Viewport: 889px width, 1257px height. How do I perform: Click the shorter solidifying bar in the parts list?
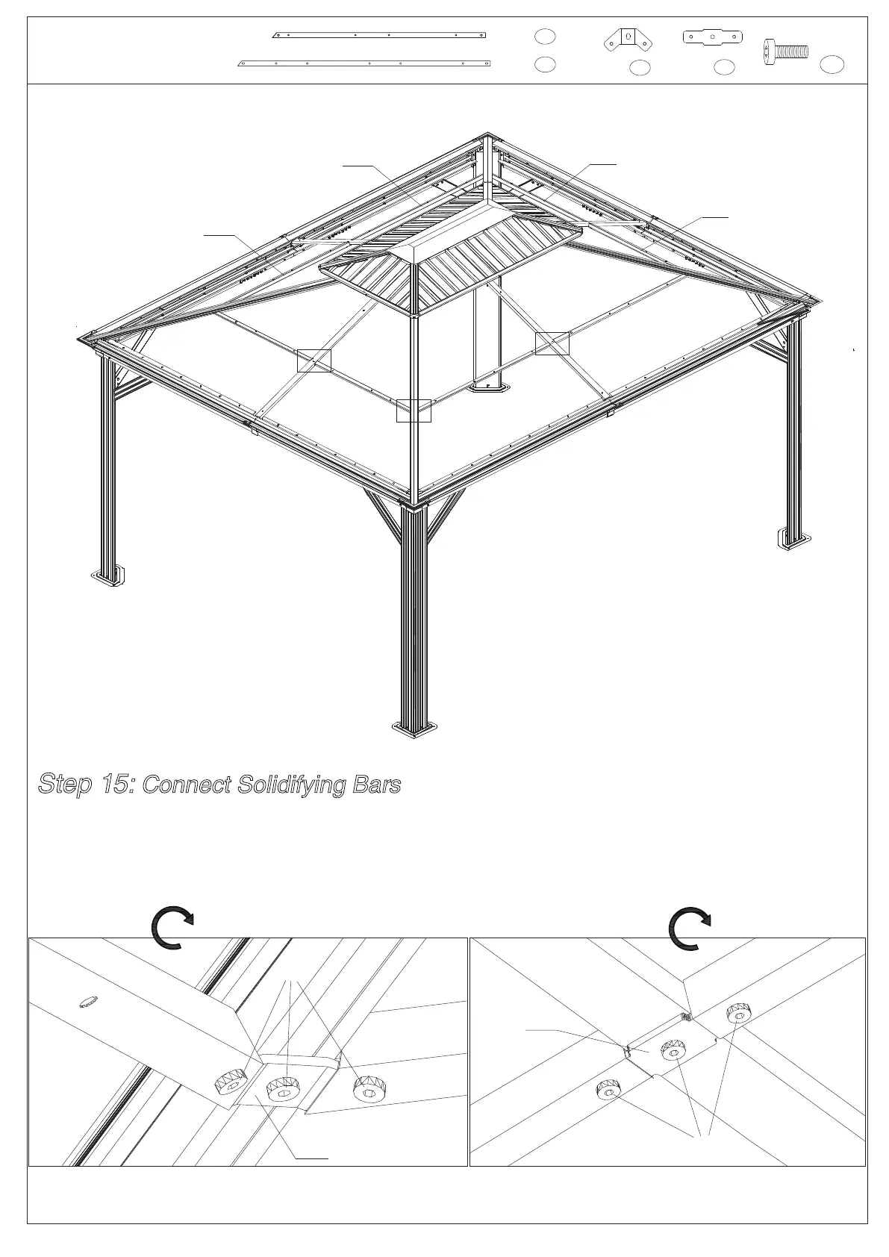tap(380, 34)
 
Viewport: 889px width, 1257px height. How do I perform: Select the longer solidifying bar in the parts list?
tap(364, 63)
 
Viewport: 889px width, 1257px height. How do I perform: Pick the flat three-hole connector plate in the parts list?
tap(714, 36)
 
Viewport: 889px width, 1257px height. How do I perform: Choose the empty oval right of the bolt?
tap(832, 65)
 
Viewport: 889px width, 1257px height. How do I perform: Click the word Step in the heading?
tap(65, 785)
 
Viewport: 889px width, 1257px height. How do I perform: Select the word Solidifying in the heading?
tap(290, 785)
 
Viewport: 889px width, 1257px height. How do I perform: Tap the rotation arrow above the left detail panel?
tap(172, 929)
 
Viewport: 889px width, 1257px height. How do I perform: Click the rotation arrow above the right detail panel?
tap(690, 929)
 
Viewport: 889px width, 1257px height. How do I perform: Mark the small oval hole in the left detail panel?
tap(88, 999)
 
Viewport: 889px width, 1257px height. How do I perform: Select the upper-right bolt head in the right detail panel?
tap(739, 1014)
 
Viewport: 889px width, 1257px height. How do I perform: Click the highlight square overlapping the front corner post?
tap(414, 410)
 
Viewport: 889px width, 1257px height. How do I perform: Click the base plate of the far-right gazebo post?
tap(793, 538)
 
